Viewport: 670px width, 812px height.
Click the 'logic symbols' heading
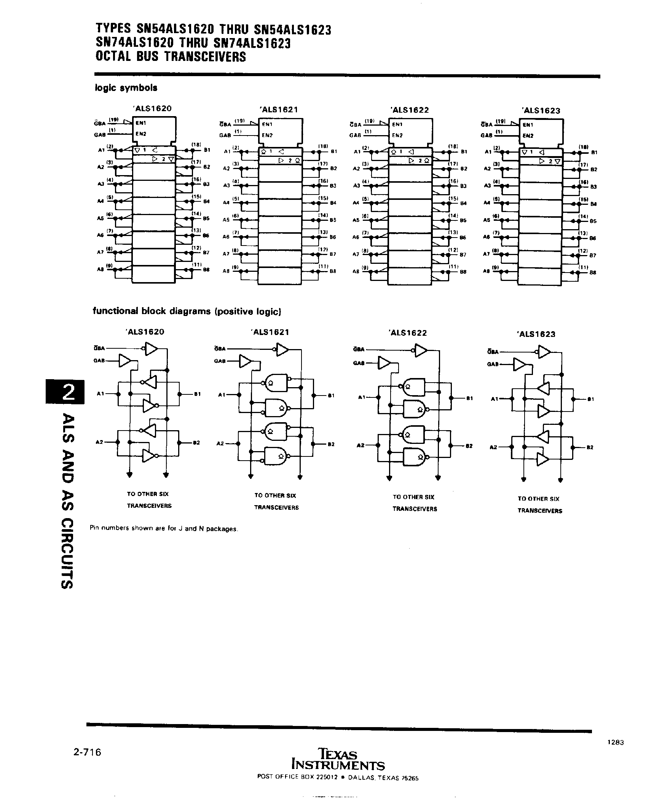pyautogui.click(x=126, y=88)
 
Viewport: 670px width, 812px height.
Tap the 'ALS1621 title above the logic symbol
pyautogui.click(x=279, y=110)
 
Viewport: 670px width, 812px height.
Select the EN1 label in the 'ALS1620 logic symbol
pyautogui.click(x=141, y=123)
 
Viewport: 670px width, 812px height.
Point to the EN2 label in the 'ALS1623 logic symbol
pyautogui.click(x=528, y=136)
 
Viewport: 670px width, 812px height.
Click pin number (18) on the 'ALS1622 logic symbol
pyautogui.click(x=453, y=146)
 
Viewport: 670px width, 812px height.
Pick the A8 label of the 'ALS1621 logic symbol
pyautogui.click(x=226, y=271)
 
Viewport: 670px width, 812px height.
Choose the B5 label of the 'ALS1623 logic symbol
pyautogui.click(x=593, y=221)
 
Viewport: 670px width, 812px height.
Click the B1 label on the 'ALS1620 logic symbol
pyautogui.click(x=206, y=150)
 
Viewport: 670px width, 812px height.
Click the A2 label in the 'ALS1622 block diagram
pyautogui.click(x=360, y=445)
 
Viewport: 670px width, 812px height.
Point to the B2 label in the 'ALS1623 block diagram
pyautogui.click(x=590, y=447)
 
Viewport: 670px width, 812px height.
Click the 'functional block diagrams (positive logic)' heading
pyautogui.click(x=187, y=311)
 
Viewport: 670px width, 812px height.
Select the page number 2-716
pyautogui.click(x=87, y=752)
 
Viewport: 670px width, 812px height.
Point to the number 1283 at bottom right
pyautogui.click(x=615, y=742)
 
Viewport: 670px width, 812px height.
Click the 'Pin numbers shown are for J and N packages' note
pyautogui.click(x=164, y=528)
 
